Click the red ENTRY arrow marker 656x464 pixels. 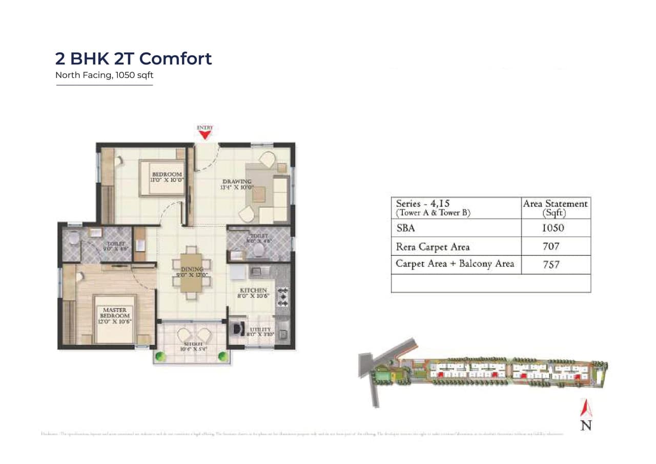(205, 134)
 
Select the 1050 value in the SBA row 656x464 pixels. (552, 228)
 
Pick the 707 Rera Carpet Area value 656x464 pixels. (551, 247)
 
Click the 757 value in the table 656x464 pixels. (551, 265)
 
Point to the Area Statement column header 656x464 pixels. (555, 208)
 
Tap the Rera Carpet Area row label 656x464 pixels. (433, 247)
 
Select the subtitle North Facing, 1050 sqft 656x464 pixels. (105, 75)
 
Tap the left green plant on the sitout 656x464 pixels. (160, 355)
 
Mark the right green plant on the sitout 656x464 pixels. (222, 355)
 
